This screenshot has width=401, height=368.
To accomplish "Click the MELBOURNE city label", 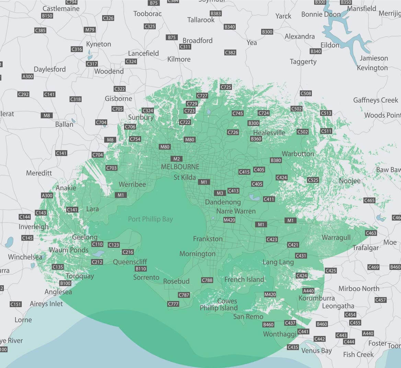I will point(180,167).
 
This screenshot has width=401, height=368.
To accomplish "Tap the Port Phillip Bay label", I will point(150,219).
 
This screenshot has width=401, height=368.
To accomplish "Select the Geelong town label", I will point(84,237).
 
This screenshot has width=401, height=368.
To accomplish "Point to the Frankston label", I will point(208,239).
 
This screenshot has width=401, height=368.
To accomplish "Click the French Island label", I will point(244,279).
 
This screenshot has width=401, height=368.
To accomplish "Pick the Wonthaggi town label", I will point(279,334).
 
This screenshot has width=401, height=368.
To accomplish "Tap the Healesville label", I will point(269,133).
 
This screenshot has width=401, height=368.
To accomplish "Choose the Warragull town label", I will point(336,237).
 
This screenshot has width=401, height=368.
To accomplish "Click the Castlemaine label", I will point(61,9).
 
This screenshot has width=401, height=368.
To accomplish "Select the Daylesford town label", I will point(50,69).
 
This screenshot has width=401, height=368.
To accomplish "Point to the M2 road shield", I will point(176,159).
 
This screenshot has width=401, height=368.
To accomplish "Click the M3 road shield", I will point(220,193).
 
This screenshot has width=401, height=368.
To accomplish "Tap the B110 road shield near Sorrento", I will point(141,269).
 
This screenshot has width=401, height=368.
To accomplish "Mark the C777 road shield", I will point(173,304).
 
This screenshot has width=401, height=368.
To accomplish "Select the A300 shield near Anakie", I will point(47,196).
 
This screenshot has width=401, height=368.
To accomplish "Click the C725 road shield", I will point(226,87).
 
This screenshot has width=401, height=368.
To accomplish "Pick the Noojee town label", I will point(350,181).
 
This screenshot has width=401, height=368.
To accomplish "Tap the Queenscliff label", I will point(130,262).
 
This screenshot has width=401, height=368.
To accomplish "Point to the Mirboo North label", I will point(359,289).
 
